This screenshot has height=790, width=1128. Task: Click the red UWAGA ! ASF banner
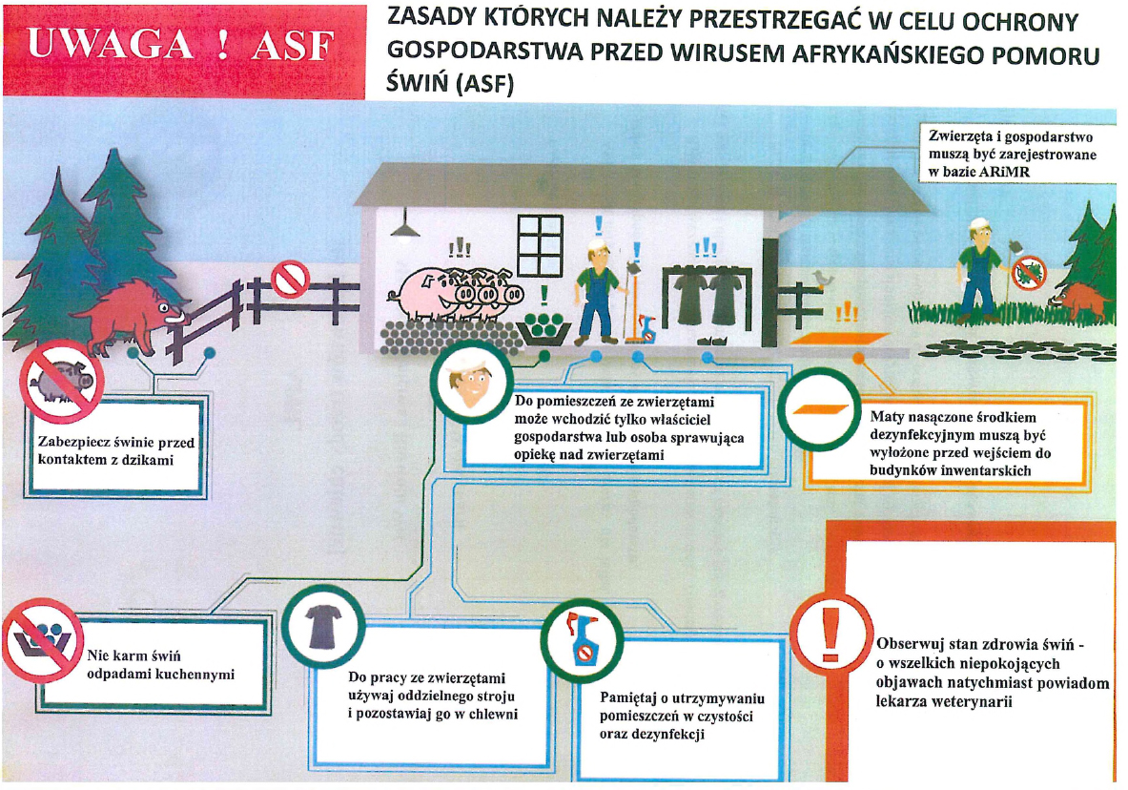pos(183,51)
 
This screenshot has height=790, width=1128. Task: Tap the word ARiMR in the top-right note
pos(1003,172)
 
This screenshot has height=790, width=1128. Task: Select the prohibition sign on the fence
pos(290,279)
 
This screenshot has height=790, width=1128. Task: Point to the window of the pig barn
pos(540,245)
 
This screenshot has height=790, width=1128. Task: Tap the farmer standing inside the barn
pos(599,292)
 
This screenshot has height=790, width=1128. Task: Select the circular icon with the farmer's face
pos(471,383)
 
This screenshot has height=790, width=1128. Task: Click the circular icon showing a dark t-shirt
pos(323,627)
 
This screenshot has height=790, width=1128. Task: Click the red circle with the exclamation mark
pos(831,634)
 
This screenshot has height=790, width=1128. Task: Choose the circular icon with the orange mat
pos(819,409)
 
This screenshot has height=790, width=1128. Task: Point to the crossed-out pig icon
pos(62,382)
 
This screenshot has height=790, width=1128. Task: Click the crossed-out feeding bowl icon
pos(43,639)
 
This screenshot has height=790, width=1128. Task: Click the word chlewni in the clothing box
pos(494,715)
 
